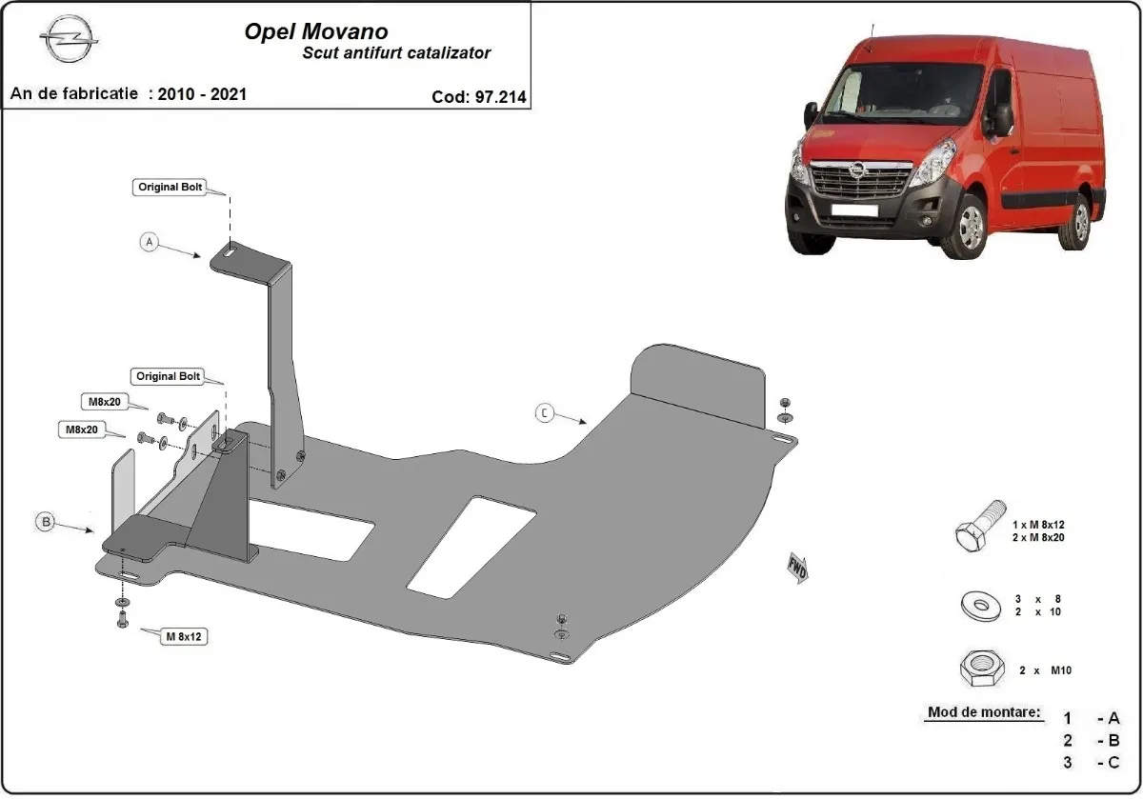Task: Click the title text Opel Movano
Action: pyautogui.click(x=316, y=31)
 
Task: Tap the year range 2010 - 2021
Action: pyautogui.click(x=203, y=93)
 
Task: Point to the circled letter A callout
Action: pyautogui.click(x=149, y=242)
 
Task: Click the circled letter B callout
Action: pyautogui.click(x=45, y=521)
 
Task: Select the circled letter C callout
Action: pyautogui.click(x=544, y=412)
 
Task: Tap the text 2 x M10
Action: pyautogui.click(x=1045, y=670)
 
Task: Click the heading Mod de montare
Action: pyautogui.click(x=984, y=712)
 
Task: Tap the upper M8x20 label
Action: pyautogui.click(x=99, y=401)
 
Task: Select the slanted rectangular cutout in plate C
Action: pyautogui.click(x=471, y=548)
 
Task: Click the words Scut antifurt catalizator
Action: pyautogui.click(x=396, y=53)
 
